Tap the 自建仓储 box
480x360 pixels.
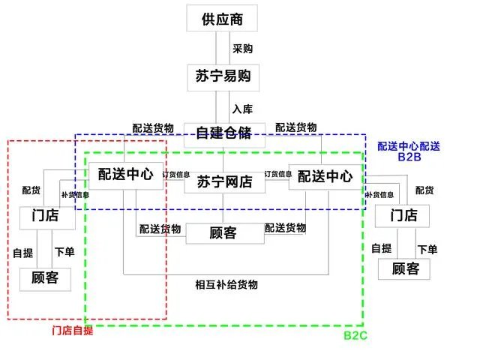pyautogui.click(x=223, y=133)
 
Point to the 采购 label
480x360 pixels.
pyautogui.click(x=242, y=49)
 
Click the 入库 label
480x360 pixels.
pyautogui.click(x=242, y=108)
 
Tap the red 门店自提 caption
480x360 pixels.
pyautogui.click(x=72, y=331)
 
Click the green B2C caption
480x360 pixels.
pyautogui.click(x=355, y=335)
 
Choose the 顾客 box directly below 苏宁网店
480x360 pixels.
pyautogui.click(x=223, y=232)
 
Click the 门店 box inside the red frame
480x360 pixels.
pyautogui.click(x=49, y=216)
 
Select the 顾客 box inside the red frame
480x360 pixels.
pyautogui.click(x=49, y=277)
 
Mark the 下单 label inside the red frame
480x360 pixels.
pyautogui.click(x=64, y=250)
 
